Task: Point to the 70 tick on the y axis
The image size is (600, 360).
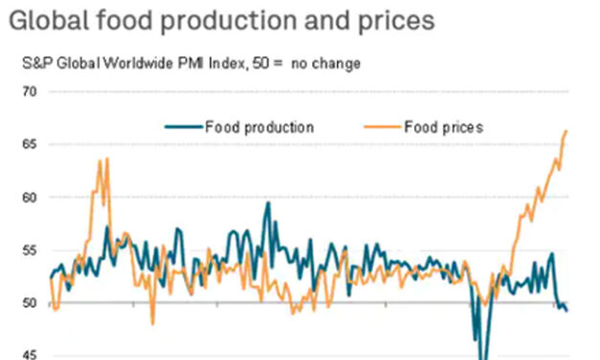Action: point(30,92)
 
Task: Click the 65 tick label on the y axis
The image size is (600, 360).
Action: point(30,145)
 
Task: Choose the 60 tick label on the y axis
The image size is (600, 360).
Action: point(30,197)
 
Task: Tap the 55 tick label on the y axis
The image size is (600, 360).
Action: point(30,250)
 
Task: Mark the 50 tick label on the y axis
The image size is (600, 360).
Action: point(30,303)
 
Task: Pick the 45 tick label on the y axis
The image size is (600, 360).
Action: point(30,354)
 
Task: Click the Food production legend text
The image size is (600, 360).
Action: point(258,126)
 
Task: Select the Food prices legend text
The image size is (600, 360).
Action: point(443,126)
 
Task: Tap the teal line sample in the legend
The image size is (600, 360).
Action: point(182,126)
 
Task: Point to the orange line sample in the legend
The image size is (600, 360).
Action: point(380,126)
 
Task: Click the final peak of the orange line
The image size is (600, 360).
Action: point(567,131)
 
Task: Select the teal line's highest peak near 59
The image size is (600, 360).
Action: point(268,203)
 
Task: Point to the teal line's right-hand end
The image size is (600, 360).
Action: point(567,310)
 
